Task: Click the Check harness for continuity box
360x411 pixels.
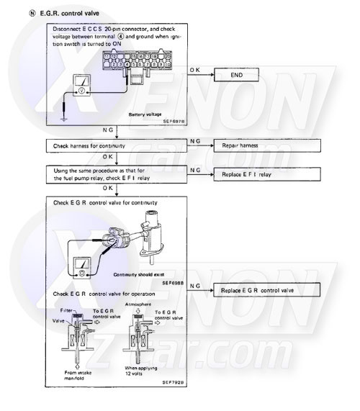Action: (116, 145)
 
